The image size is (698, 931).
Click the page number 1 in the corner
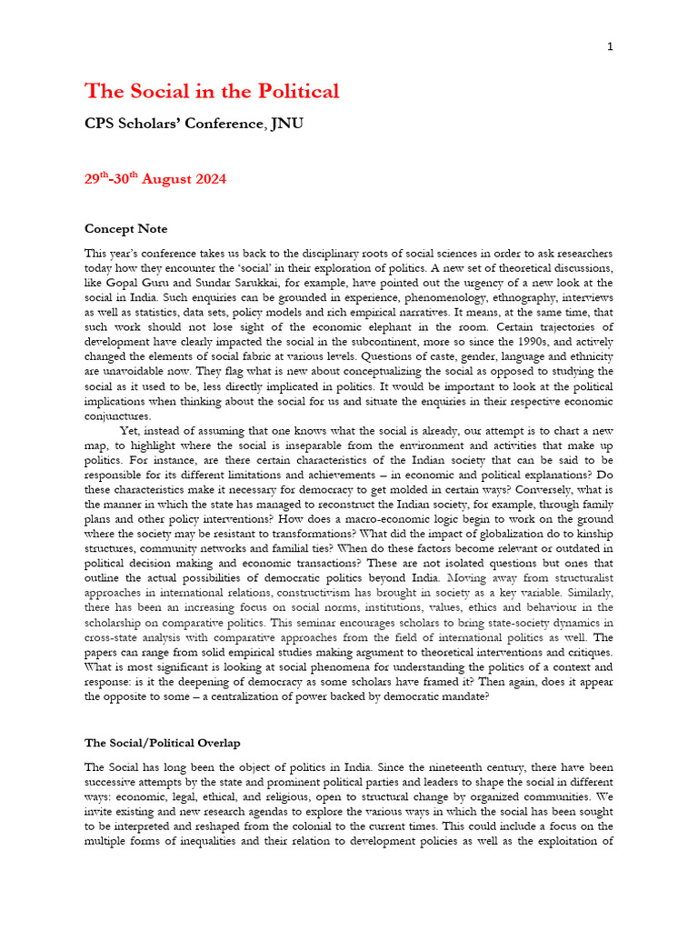pos(610,47)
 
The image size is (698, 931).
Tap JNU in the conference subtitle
pos(286,123)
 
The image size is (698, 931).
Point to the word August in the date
pos(163,179)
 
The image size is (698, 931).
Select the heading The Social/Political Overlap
pos(162,743)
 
